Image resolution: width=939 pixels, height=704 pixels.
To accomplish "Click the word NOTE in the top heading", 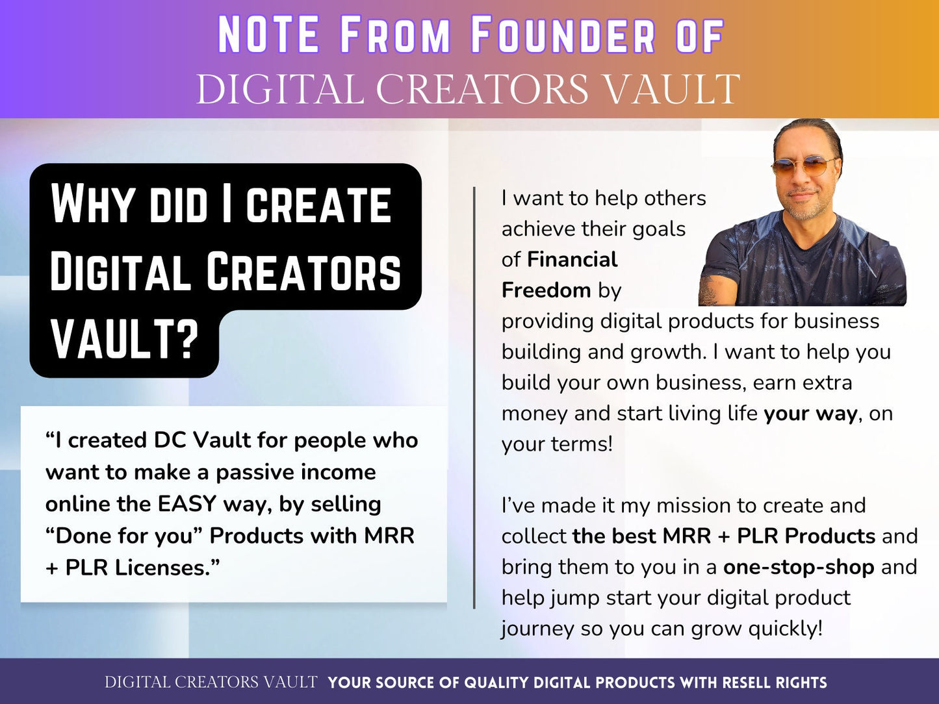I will coord(268,36).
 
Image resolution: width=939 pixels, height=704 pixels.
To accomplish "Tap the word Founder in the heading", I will coord(563,36).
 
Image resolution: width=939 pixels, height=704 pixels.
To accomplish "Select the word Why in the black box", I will coord(94,205).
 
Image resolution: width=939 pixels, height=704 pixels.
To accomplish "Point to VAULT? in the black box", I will coord(124,340).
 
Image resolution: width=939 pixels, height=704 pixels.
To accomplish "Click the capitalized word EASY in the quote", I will coord(187,504).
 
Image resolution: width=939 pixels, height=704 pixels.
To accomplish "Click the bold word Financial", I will coord(572,260).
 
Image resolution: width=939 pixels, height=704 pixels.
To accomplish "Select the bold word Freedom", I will coord(547,290).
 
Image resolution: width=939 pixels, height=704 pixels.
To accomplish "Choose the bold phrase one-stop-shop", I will coord(798,567).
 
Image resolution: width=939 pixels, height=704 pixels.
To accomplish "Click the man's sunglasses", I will coord(804,166).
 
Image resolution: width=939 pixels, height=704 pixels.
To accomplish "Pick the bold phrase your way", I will coord(810,414).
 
